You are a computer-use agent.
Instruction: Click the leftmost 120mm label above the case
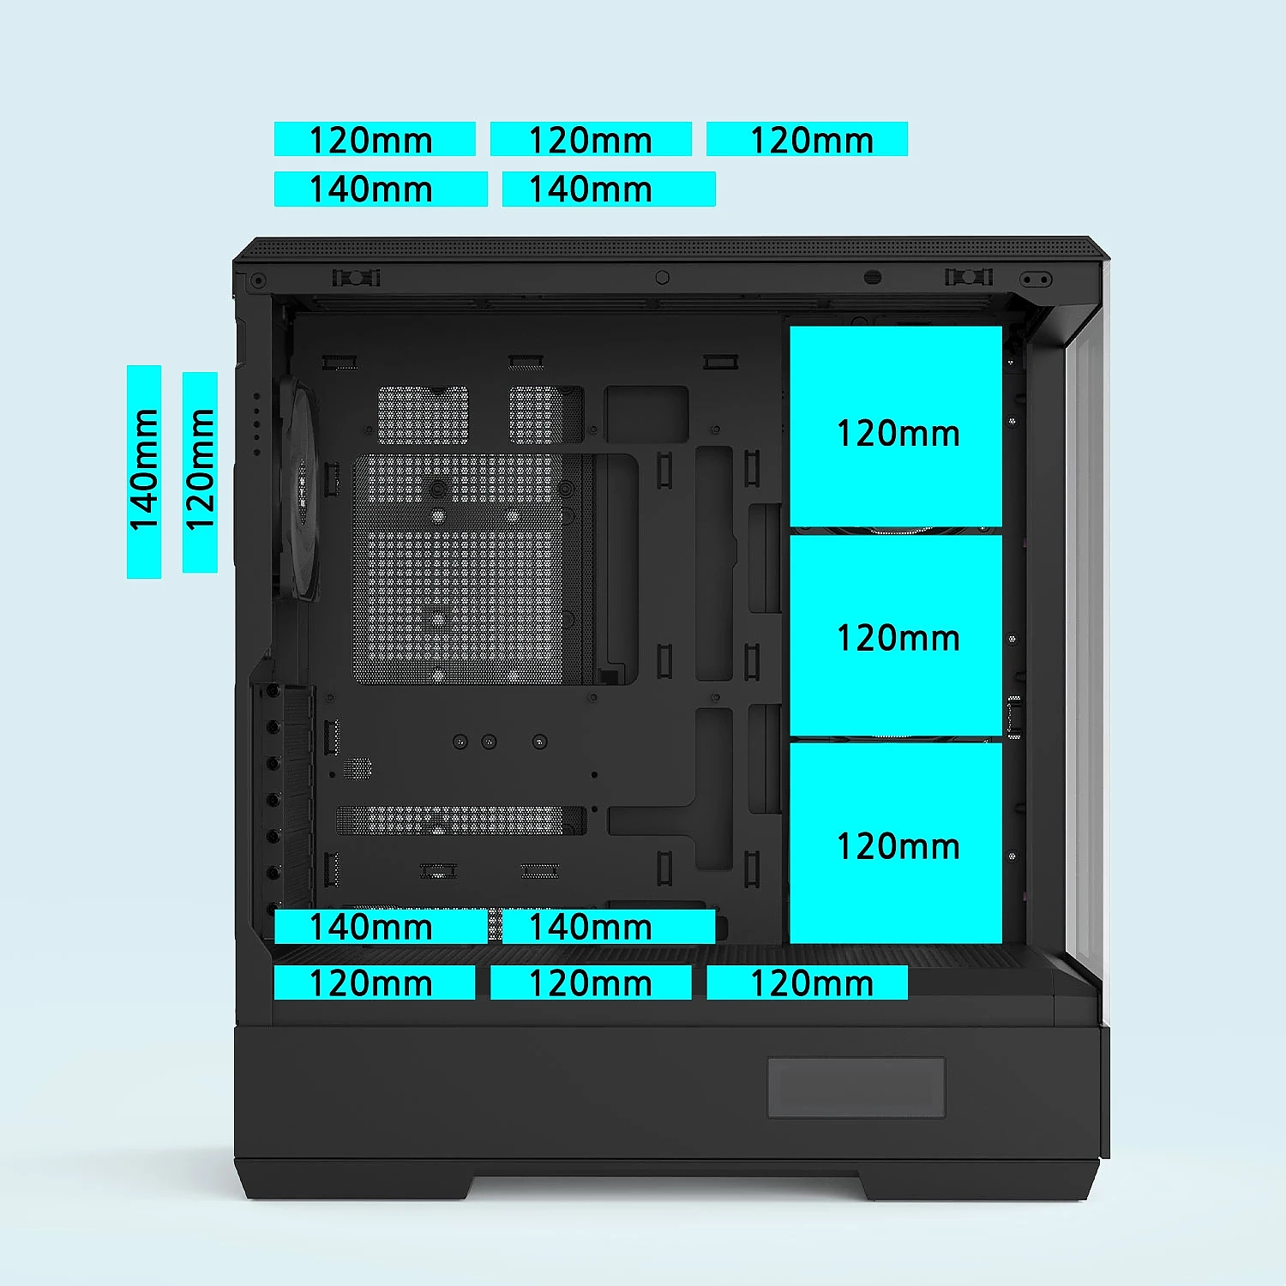click(375, 139)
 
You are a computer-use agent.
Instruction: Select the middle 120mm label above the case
click(591, 139)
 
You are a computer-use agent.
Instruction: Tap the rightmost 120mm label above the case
click(807, 139)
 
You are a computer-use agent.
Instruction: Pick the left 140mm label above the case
click(381, 189)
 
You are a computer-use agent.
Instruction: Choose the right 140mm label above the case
click(609, 189)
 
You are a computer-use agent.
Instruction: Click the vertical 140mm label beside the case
click(144, 472)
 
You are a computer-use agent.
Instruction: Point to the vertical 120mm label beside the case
click(200, 472)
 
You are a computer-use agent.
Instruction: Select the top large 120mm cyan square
click(896, 426)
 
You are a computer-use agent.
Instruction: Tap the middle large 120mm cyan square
click(896, 635)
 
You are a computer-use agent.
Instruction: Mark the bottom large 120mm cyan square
click(896, 843)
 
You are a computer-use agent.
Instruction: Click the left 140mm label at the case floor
click(381, 927)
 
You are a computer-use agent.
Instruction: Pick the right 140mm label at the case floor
click(609, 927)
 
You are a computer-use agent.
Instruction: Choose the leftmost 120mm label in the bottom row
click(375, 983)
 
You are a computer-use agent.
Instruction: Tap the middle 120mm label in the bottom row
click(591, 983)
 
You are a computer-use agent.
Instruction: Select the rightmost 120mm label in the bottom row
click(807, 983)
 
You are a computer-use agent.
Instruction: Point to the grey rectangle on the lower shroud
click(856, 1087)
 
